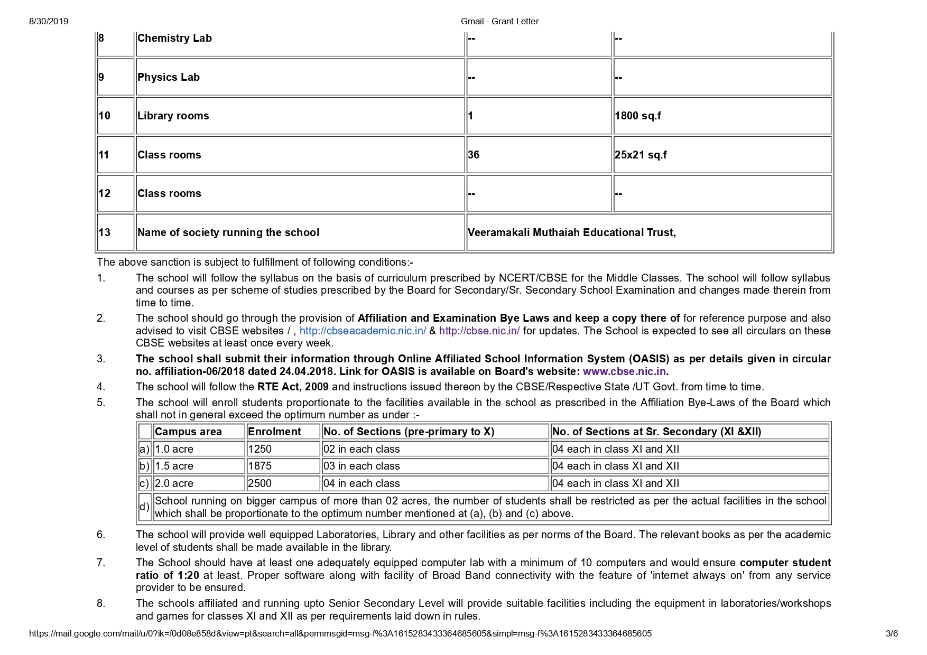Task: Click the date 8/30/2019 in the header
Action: [x=49, y=22]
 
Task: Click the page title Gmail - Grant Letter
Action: [x=499, y=22]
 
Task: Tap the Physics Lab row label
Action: [x=169, y=77]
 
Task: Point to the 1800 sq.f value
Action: [x=637, y=116]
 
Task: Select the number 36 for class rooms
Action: [x=474, y=155]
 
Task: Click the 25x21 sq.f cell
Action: [x=641, y=155]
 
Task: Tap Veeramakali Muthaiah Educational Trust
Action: [x=571, y=232]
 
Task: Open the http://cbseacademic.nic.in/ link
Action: [x=363, y=331]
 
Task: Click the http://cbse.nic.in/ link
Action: [x=479, y=331]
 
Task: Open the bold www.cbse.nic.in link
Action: [x=624, y=371]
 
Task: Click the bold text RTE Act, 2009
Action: [x=293, y=387]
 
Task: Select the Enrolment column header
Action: [x=274, y=432]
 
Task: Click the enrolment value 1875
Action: [x=259, y=466]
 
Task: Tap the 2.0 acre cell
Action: [x=174, y=483]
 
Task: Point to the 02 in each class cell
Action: [x=361, y=449]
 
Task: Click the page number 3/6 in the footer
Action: [x=892, y=633]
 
